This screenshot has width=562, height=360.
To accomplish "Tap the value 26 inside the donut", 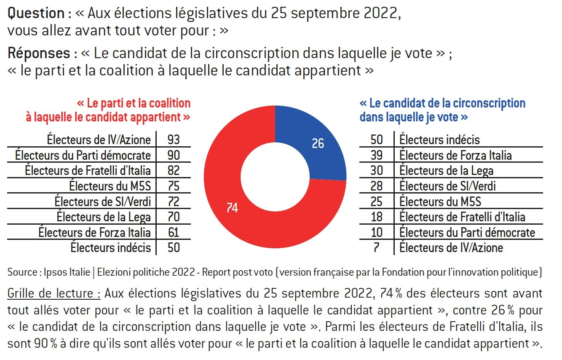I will click(318, 144).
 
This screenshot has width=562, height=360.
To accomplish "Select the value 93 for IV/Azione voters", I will click(174, 140).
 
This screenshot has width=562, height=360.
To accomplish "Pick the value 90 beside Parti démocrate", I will click(174, 155).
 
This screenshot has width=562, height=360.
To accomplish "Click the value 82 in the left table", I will click(174, 170).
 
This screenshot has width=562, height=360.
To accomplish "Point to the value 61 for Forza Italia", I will click(174, 232).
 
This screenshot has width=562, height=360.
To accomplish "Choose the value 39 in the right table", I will click(376, 155).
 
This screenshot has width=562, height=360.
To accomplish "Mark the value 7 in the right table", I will click(376, 247).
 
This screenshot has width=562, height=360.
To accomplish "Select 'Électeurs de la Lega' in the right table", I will click(446, 170).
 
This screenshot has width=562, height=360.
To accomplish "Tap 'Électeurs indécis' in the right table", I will click(439, 140).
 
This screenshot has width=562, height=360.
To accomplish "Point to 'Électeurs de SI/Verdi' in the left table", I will click(103, 201).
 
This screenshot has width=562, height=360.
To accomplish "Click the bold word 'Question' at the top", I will click(36, 14).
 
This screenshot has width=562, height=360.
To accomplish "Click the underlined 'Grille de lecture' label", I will click(54, 293).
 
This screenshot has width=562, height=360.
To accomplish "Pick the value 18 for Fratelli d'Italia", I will click(376, 217).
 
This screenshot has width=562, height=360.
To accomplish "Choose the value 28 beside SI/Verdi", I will click(376, 186).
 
